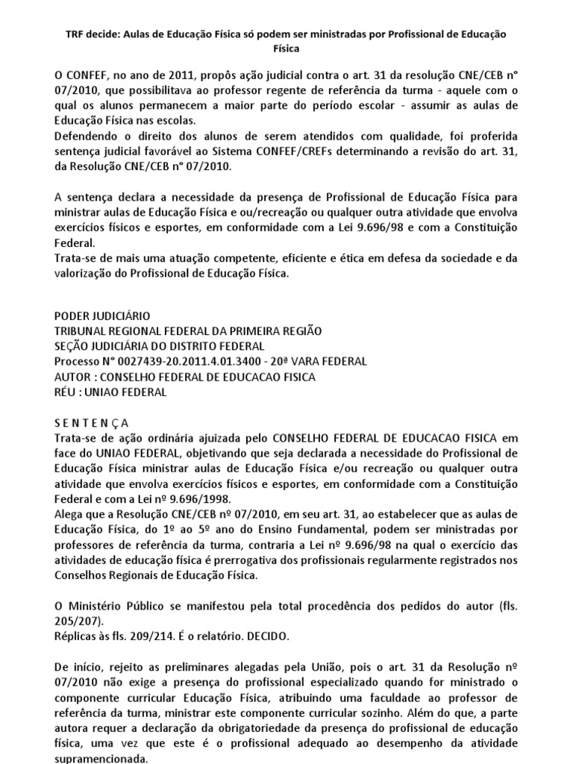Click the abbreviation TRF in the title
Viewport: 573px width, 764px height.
[77, 35]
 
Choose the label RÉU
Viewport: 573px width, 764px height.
[69, 392]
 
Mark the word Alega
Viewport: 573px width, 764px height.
[71, 513]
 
